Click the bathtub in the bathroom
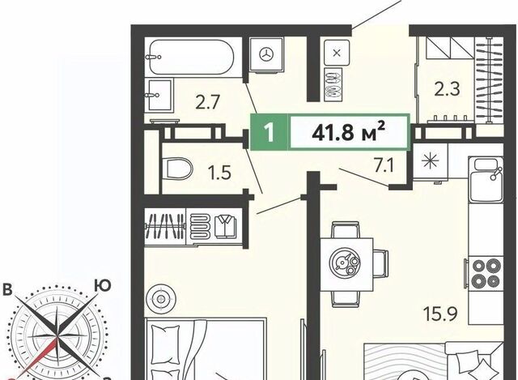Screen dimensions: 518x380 tap(191, 58)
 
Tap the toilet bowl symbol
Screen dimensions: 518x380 tap(177, 169)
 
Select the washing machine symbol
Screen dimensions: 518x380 tap(266, 54)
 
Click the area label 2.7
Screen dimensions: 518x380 tap(208, 102)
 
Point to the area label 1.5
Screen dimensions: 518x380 tap(219, 173)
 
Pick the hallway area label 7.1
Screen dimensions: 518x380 tap(384, 165)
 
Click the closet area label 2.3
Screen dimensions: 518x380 tap(447, 88)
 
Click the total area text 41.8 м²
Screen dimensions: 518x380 tap(349, 133)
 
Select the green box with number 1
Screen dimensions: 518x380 tap(270, 132)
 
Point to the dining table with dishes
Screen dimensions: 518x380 tap(346, 263)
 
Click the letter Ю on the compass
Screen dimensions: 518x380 tap(103, 286)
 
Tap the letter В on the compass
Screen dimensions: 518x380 tap(7, 290)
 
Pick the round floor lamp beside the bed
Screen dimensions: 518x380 tap(161, 299)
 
